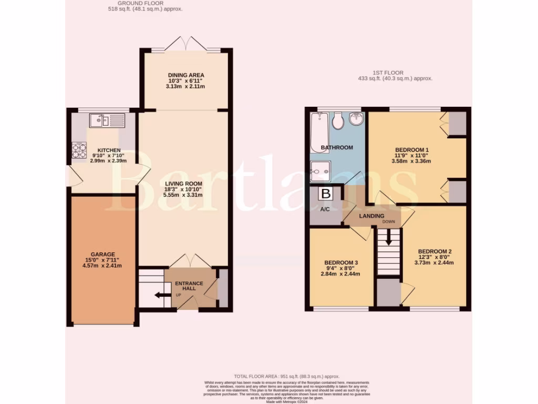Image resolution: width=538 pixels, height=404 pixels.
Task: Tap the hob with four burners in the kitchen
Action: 79,151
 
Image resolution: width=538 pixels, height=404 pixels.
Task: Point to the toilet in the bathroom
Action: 338,121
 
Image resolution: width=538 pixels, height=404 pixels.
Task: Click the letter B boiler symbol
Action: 326,194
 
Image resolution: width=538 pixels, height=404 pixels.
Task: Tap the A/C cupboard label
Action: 325,209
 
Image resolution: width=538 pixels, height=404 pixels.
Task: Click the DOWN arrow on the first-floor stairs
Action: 389,238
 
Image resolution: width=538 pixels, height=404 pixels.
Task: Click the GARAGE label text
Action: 102,254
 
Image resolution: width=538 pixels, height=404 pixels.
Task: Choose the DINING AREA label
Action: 187,75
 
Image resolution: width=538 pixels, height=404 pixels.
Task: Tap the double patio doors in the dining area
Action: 186,44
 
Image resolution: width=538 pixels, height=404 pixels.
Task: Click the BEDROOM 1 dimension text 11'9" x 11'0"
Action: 411,156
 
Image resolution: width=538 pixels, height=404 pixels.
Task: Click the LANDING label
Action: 371,216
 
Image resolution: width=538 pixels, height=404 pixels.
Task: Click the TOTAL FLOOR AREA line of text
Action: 287,377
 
